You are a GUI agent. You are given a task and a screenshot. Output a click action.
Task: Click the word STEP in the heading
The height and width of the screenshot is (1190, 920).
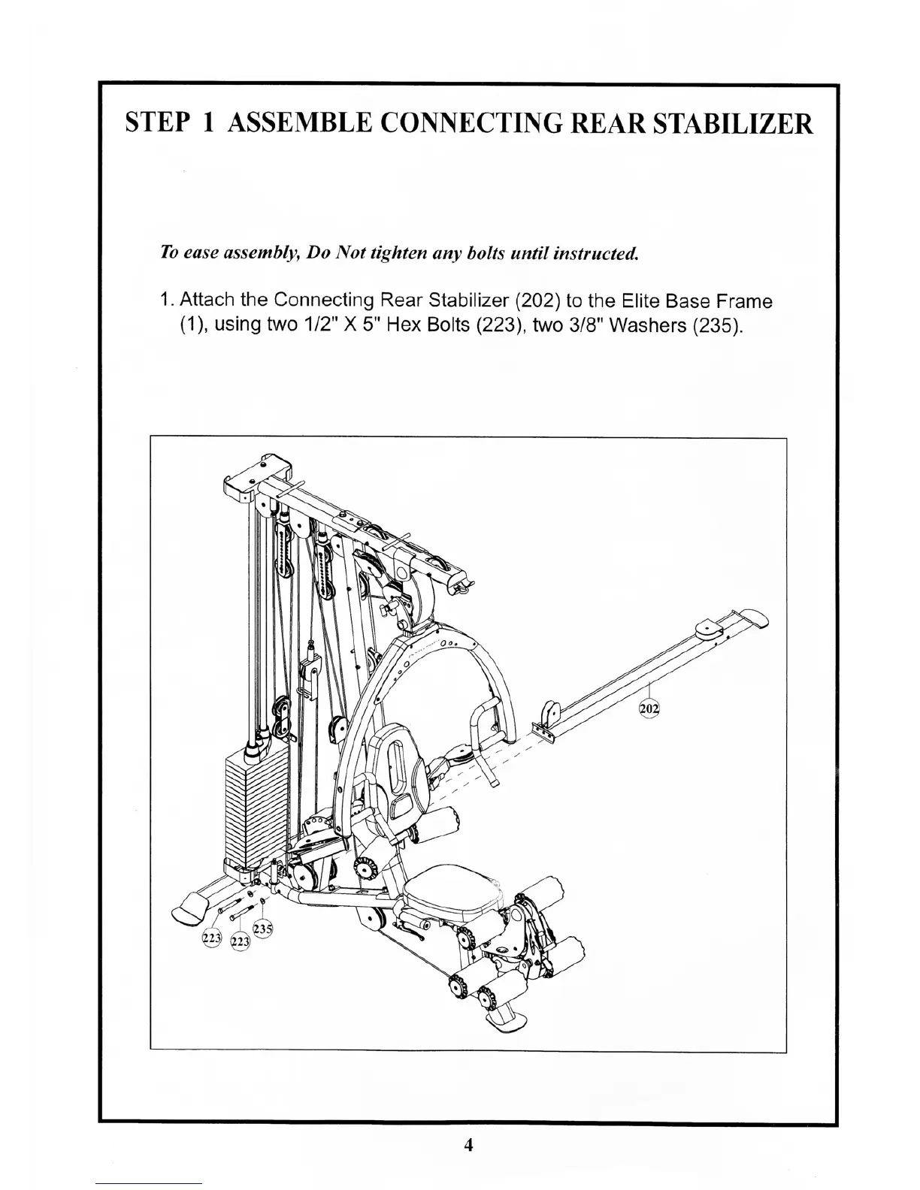tap(155, 122)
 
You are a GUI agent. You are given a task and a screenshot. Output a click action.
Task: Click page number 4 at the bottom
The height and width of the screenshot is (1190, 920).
tap(468, 1145)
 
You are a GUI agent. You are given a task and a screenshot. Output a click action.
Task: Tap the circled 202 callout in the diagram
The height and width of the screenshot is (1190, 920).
tap(648, 708)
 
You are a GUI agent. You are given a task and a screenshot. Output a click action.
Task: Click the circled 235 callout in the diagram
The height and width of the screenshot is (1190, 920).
tap(262, 929)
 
